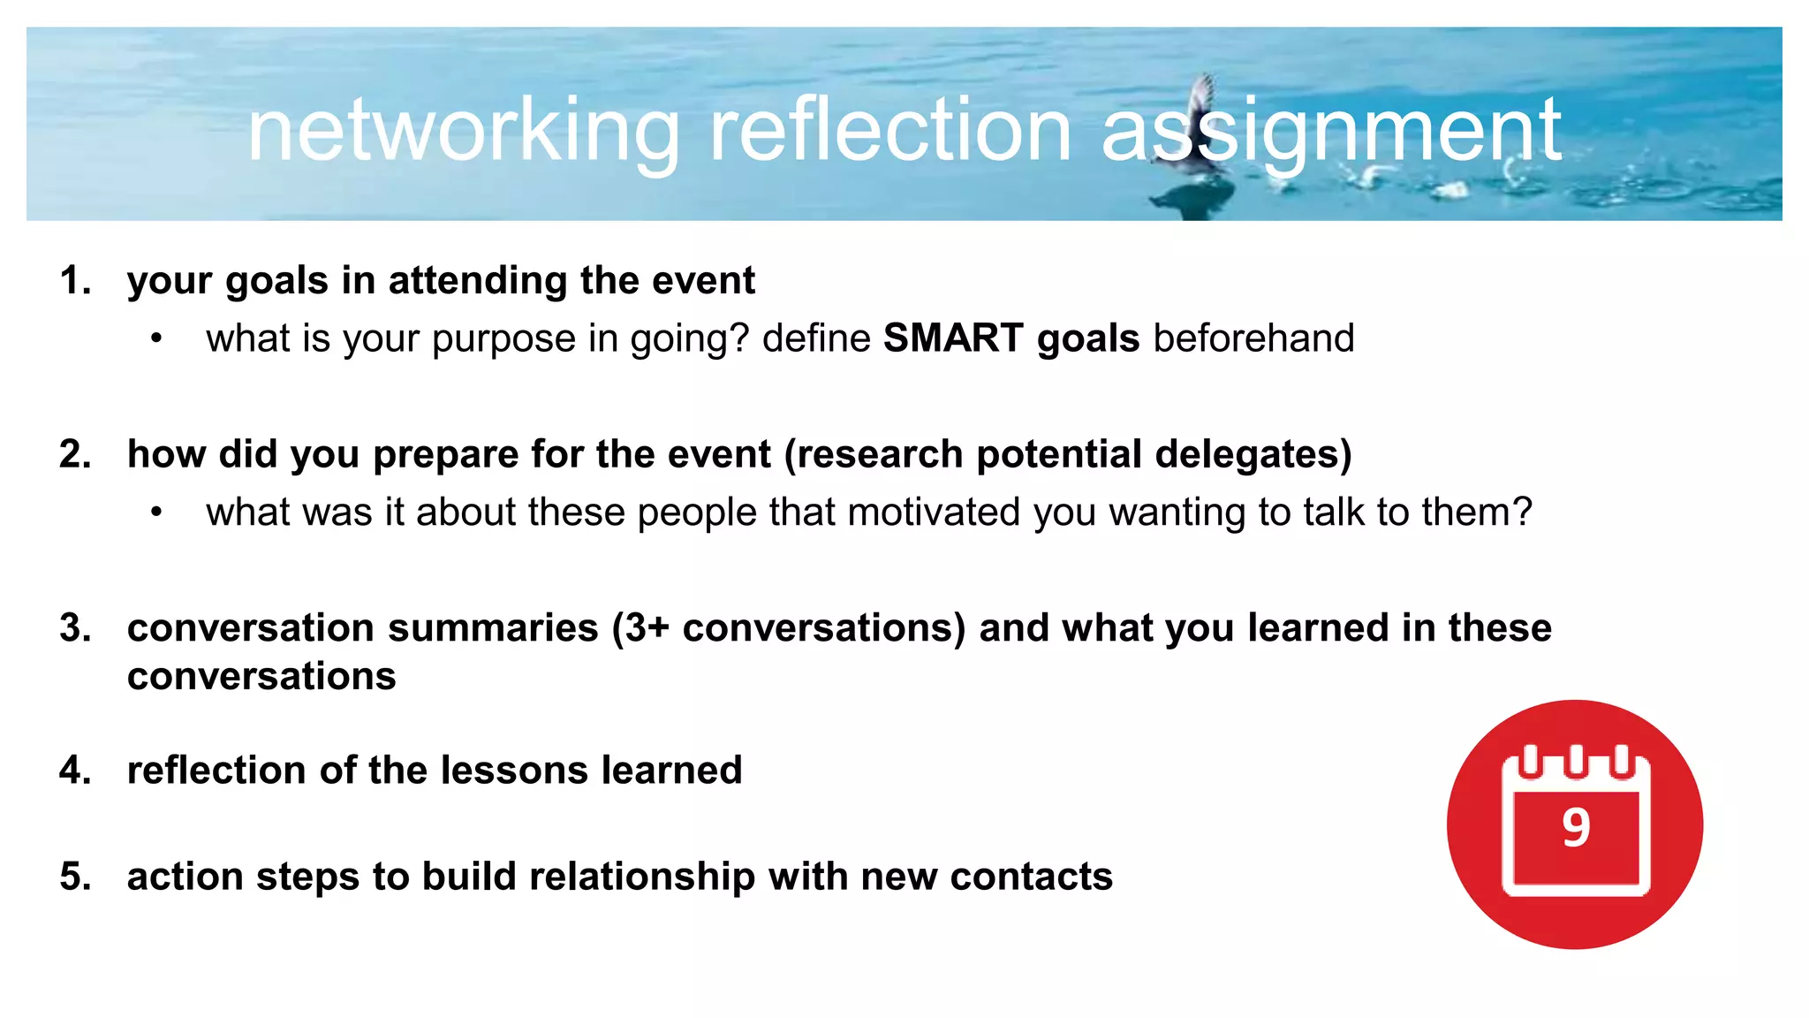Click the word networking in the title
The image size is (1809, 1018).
463,133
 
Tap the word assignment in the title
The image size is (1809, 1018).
1331,133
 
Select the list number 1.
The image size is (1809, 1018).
75,281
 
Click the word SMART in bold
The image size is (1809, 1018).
953,338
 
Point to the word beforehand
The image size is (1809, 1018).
1253,338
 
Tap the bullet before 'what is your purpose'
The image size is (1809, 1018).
156,339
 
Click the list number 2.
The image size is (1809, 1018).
75,455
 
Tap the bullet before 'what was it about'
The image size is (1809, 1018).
156,513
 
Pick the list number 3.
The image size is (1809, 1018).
75,628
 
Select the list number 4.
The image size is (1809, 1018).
75,771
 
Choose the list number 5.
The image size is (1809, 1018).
75,877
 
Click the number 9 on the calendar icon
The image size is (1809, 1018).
1576,829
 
